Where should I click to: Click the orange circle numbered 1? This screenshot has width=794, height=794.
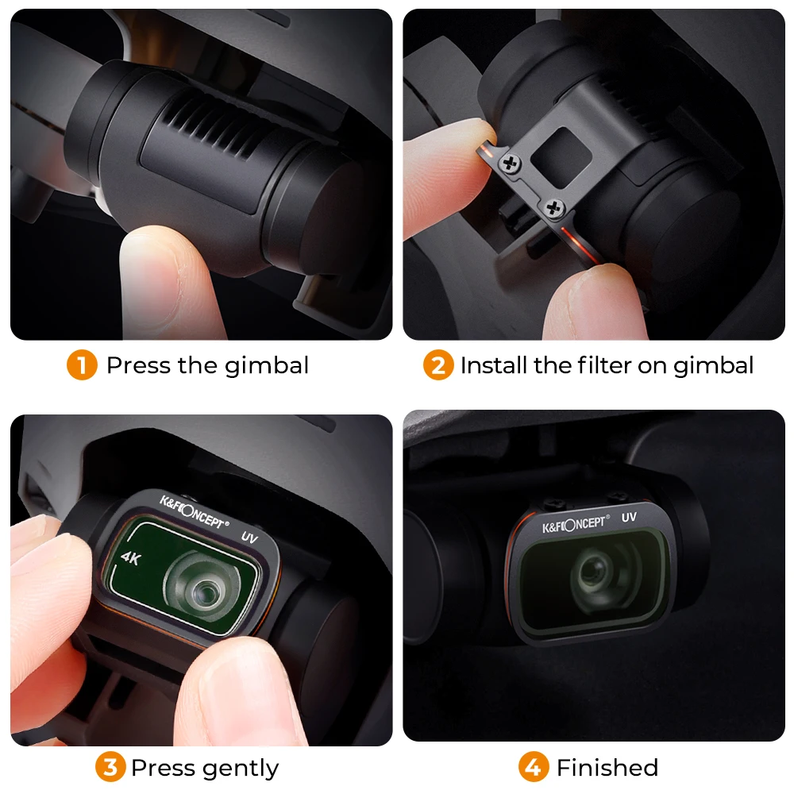point(82,366)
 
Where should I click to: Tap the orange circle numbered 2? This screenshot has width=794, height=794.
point(437,366)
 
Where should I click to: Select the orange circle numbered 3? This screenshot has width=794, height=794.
point(110,768)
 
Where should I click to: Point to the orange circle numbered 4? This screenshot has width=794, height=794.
point(534,768)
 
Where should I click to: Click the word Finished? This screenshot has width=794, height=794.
point(607,768)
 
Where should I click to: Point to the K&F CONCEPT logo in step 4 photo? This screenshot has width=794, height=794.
point(576,525)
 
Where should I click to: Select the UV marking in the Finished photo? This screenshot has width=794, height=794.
point(629,517)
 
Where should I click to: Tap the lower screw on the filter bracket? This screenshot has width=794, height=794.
point(553,207)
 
